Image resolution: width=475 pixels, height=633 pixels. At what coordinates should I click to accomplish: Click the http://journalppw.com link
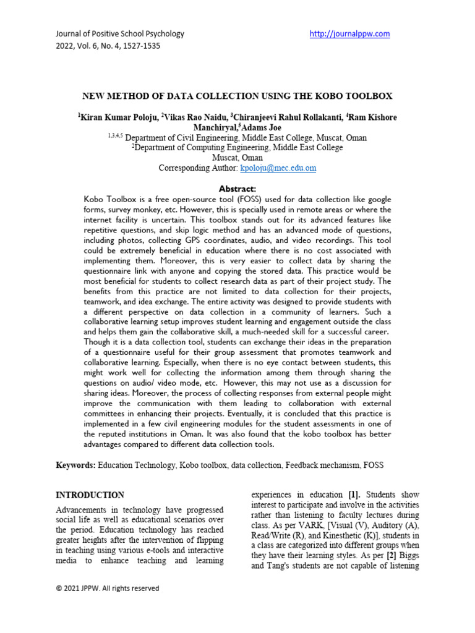(349, 34)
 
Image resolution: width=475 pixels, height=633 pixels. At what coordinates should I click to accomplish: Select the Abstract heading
(237, 189)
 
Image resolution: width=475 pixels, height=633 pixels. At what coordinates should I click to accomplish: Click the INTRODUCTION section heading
(90, 495)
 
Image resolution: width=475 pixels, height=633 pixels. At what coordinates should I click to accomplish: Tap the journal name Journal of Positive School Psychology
(120, 34)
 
